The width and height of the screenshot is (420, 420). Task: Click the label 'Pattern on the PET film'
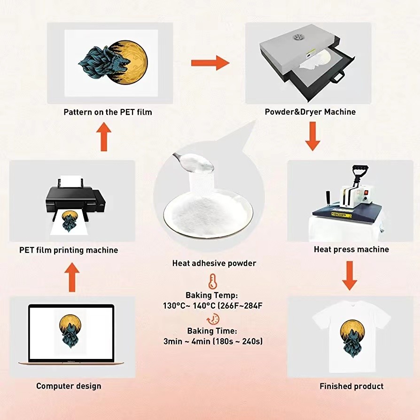(x=108, y=112)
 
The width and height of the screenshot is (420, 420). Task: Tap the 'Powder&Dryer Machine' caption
(x=310, y=112)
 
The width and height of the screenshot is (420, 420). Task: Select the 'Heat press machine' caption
(x=351, y=249)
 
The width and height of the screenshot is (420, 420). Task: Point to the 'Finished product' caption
(x=351, y=386)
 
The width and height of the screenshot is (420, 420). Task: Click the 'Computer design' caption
(x=69, y=386)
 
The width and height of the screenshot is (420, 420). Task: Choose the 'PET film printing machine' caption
(x=69, y=250)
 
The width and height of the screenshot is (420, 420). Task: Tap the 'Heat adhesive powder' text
(x=214, y=263)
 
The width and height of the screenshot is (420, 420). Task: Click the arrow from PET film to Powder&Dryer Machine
(x=210, y=62)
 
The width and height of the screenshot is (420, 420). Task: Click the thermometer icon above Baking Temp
(x=212, y=282)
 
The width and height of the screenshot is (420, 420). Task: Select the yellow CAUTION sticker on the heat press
(x=339, y=215)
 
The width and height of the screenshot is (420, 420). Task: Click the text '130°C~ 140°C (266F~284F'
(x=212, y=306)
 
